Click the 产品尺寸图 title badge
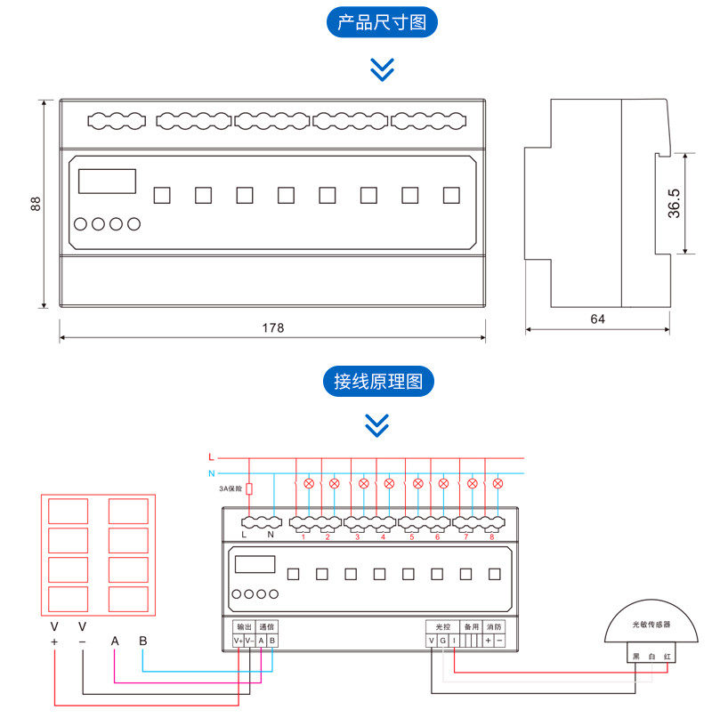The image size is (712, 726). (383, 22)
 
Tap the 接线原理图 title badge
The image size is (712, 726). (378, 382)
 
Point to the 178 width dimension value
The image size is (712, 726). (272, 328)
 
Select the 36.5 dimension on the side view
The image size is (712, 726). (674, 203)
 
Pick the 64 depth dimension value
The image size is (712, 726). (597, 319)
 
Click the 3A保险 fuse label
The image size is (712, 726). (231, 488)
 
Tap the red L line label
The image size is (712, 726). (211, 457)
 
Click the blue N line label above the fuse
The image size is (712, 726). (211, 473)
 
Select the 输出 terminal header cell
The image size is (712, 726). (244, 626)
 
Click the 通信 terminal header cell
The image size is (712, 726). (267, 626)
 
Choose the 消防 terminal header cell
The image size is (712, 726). (494, 626)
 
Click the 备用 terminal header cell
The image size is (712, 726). (471, 626)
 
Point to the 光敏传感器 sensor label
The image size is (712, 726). (650, 625)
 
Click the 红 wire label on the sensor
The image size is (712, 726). (667, 656)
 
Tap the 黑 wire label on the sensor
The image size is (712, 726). (635, 656)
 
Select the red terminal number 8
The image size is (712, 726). (490, 536)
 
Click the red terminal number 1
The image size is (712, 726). (303, 536)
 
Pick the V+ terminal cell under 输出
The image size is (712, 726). (238, 641)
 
